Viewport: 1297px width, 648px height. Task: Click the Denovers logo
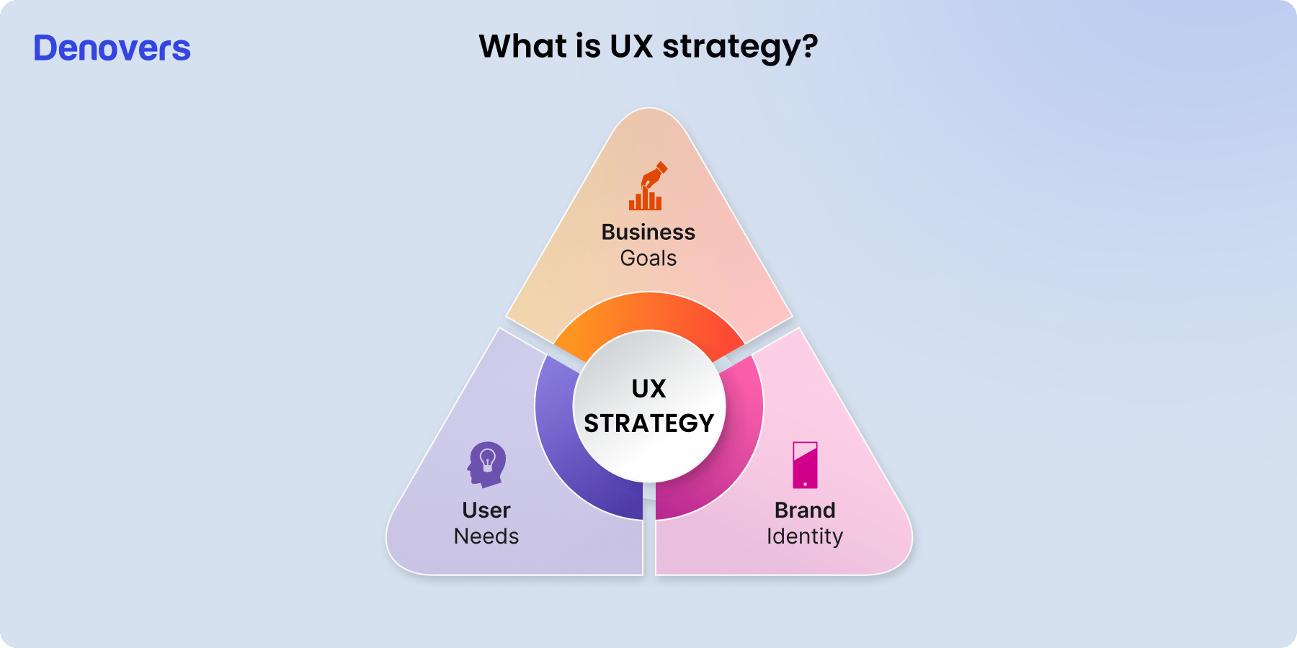(x=112, y=48)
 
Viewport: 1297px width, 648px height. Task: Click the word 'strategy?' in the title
(x=740, y=48)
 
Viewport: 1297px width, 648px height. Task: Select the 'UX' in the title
(x=631, y=46)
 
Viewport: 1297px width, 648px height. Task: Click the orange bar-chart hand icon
(x=647, y=186)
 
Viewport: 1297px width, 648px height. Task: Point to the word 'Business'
(x=648, y=232)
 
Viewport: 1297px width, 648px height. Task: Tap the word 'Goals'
(x=648, y=258)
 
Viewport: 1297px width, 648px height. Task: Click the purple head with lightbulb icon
(x=487, y=464)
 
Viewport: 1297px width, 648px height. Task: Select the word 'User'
(x=486, y=510)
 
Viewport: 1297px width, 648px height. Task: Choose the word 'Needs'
(x=486, y=536)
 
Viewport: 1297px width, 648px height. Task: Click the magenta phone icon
(x=805, y=465)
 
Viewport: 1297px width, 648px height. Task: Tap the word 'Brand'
(x=805, y=510)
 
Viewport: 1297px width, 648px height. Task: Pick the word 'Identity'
(x=805, y=536)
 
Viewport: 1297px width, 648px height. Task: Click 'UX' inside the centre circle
(x=648, y=389)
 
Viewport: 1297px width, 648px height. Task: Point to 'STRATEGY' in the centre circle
(x=648, y=423)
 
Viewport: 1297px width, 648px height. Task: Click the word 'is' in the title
(x=588, y=46)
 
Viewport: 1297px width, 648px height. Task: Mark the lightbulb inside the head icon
(x=488, y=459)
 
